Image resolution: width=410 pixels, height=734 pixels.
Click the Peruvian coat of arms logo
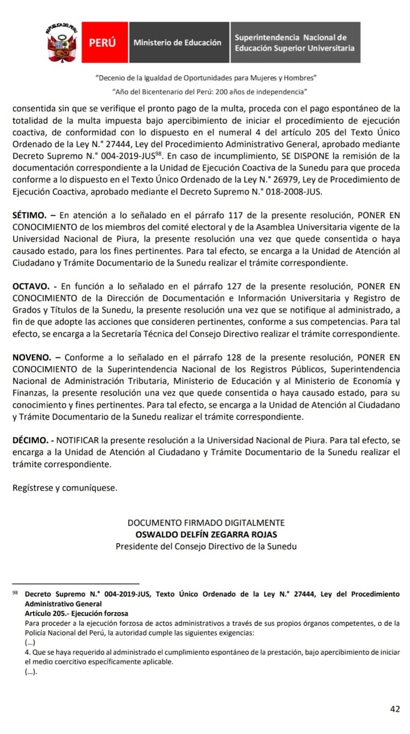[x=62, y=43]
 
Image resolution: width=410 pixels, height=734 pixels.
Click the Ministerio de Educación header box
[x=177, y=43]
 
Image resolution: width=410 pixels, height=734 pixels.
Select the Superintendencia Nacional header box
[x=294, y=43]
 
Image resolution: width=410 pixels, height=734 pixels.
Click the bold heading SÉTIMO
[x=30, y=216]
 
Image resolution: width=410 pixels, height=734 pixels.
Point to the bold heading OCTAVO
[x=31, y=287]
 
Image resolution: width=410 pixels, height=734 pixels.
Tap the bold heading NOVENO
[x=31, y=357]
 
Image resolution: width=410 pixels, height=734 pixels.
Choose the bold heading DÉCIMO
[x=30, y=441]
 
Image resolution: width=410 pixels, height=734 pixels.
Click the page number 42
[x=395, y=709]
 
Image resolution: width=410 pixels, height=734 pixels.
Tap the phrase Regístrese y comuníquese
[x=64, y=488]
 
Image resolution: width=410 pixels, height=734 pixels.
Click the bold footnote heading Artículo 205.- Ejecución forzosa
[x=76, y=614]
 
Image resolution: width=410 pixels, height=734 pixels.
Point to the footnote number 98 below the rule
[x=15, y=593]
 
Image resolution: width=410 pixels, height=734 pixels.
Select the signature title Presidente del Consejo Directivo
[x=206, y=547]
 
